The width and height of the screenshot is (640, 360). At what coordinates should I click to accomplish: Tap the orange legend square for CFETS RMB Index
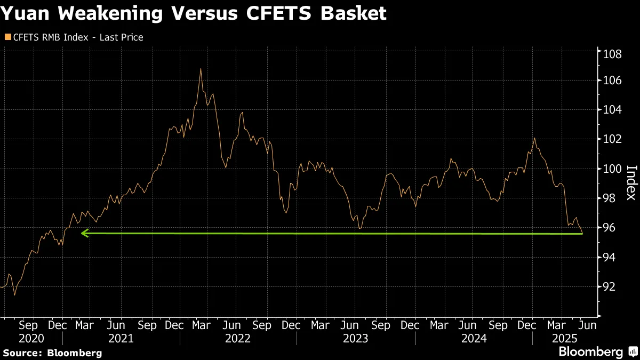point(7,37)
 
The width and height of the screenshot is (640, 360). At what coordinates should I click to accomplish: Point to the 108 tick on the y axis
point(612,54)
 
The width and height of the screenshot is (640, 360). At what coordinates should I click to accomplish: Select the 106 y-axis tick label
point(612,81)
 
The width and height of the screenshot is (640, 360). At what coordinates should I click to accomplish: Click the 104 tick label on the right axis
point(612,110)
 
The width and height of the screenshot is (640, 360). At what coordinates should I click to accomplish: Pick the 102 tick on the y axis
point(612,139)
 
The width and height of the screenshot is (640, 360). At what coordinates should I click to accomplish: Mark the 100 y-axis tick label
point(612,169)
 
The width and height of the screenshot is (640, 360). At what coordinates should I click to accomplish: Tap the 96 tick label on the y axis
point(609,228)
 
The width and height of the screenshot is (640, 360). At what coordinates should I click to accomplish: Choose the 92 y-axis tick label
point(609,286)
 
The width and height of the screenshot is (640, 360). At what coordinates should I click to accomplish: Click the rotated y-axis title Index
point(630,182)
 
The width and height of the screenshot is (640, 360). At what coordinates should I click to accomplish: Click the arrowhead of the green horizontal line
point(83,233)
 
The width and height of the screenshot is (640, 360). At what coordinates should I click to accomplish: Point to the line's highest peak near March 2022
point(201,69)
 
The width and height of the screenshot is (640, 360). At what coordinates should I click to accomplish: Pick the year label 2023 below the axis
point(355,338)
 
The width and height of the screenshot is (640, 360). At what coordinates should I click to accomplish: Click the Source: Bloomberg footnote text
point(52,353)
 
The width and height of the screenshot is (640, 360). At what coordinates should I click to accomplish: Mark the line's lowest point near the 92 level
point(15,295)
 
